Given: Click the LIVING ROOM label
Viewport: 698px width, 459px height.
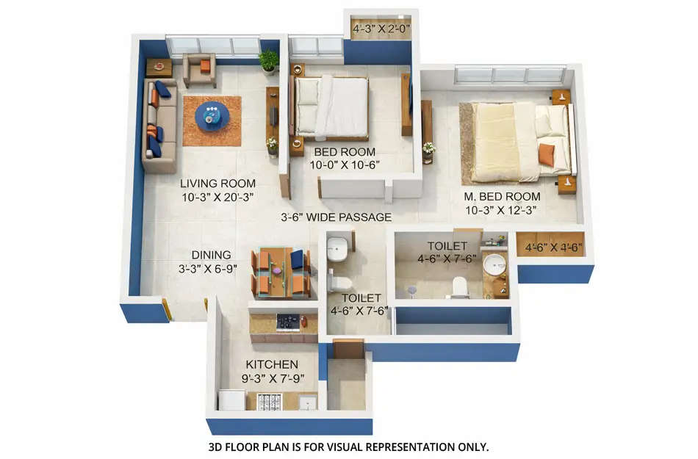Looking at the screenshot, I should (217, 184).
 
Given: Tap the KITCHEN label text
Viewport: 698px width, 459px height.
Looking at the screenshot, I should (272, 365).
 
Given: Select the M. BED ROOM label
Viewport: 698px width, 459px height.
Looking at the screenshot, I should (503, 197).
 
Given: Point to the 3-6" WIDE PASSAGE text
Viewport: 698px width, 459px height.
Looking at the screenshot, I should (337, 217).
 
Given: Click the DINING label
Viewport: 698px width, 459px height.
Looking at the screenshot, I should (212, 255).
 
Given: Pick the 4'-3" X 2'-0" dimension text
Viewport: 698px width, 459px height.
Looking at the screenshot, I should (381, 30).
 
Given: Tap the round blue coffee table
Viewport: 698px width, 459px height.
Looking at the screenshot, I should (212, 117).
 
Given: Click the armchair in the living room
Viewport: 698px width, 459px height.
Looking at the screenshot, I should (199, 69).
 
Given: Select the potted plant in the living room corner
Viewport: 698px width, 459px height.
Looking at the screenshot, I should (269, 60).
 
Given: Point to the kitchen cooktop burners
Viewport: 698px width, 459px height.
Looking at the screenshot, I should (291, 322).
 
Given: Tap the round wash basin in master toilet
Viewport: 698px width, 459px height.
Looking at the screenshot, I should (495, 264).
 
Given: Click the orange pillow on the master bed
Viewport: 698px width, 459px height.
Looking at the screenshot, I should (547, 154).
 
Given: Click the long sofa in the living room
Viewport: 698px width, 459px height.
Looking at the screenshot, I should (159, 127).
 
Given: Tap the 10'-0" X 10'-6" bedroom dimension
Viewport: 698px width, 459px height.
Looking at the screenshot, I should (346, 165).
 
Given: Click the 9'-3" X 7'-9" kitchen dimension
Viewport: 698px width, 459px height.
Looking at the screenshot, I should (272, 379).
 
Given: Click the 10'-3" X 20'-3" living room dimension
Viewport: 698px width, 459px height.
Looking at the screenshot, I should (217, 197).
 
